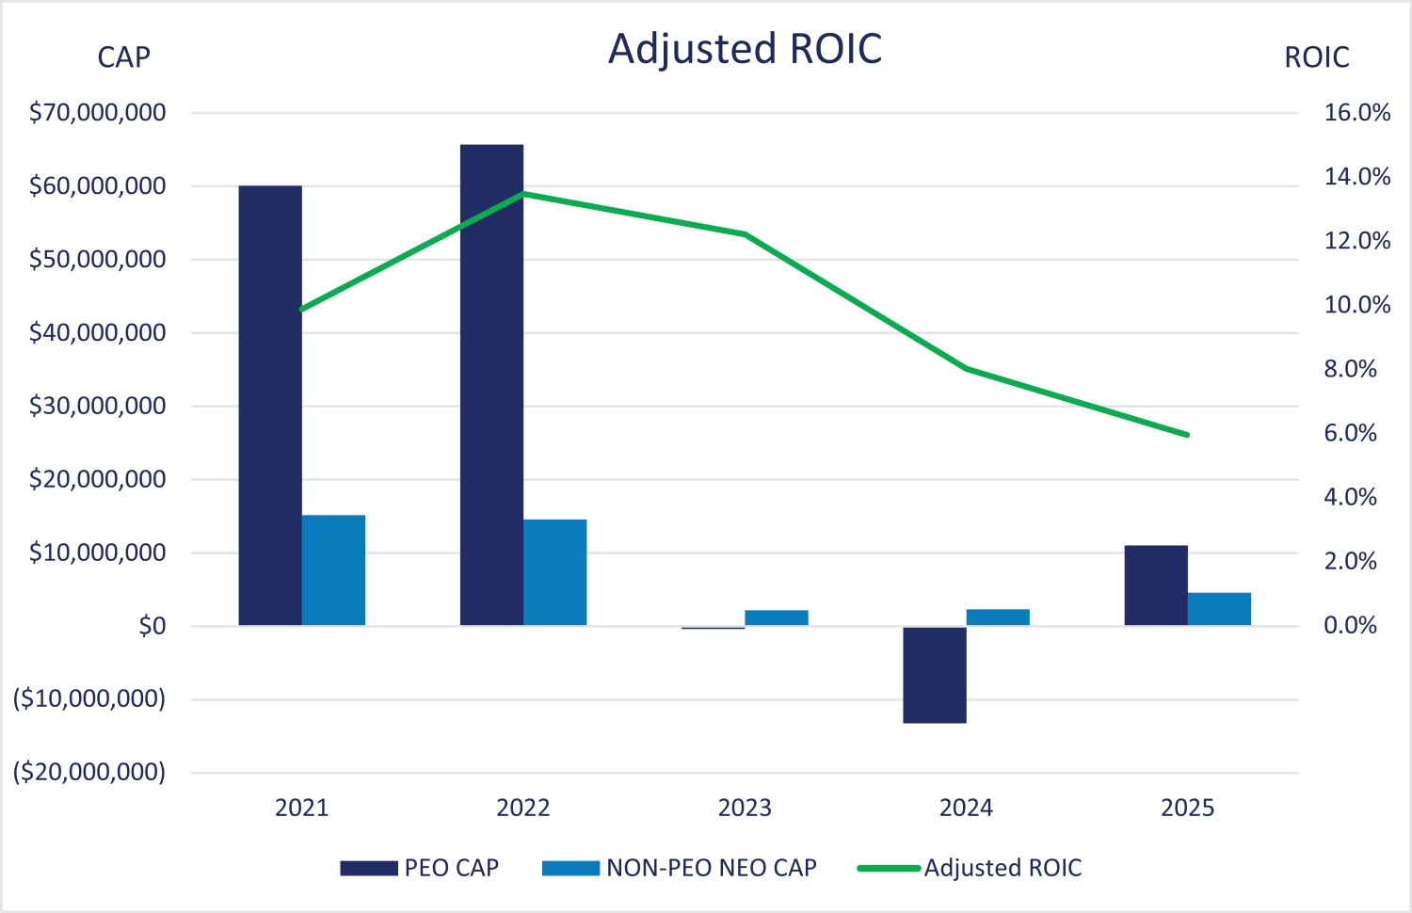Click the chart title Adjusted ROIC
click(745, 49)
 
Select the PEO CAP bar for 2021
click(270, 405)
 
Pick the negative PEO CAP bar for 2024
click(935, 674)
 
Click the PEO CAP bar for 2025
click(1156, 585)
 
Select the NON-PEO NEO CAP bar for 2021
click(333, 569)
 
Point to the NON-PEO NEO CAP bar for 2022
click(555, 571)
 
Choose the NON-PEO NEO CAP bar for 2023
click(777, 617)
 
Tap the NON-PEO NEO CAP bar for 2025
click(1219, 608)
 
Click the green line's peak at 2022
click(523, 194)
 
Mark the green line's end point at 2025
click(1187, 435)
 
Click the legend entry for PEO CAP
click(420, 868)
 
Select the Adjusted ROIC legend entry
click(970, 868)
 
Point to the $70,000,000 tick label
click(98, 113)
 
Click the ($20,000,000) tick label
click(89, 773)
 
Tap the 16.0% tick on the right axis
click(1356, 113)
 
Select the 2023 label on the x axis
click(745, 808)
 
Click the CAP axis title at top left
click(123, 57)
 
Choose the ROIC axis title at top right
click(1316, 57)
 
